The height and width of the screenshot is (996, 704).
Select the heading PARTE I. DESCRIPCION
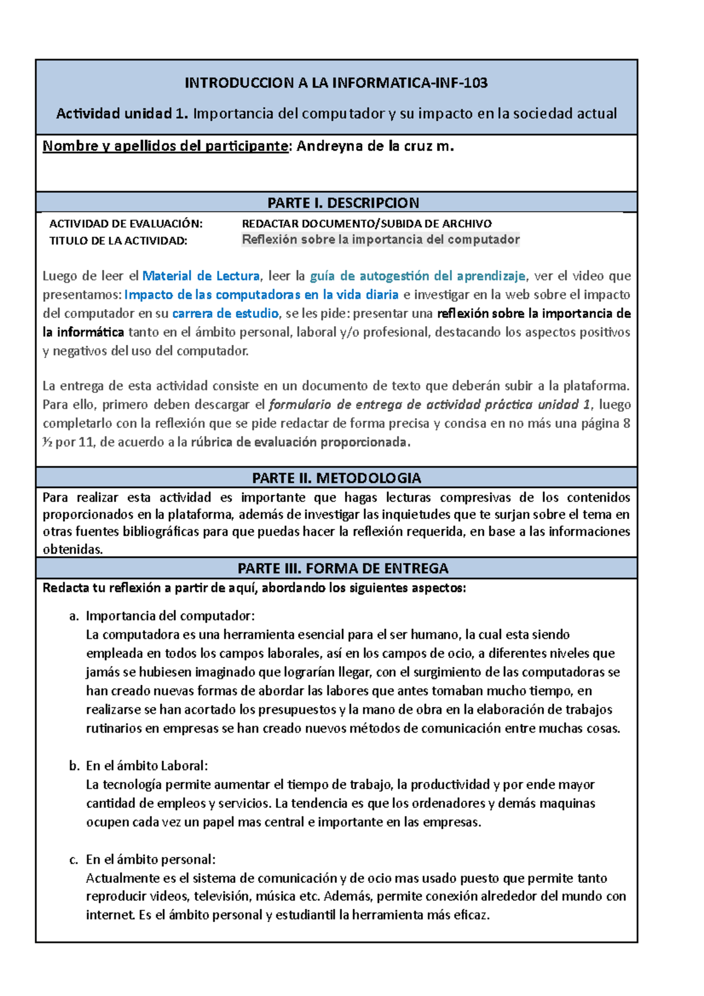click(x=343, y=203)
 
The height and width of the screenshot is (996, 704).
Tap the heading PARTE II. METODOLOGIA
click(x=336, y=477)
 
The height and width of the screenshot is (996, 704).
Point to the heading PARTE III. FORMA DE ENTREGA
click(x=343, y=568)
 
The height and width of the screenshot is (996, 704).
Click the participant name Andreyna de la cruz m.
click(x=375, y=147)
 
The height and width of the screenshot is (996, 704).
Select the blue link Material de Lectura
click(x=201, y=276)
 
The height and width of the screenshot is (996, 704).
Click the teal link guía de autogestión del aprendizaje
click(x=417, y=276)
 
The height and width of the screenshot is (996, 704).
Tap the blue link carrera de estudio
click(x=225, y=313)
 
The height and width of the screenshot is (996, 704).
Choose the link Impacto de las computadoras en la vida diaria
click(x=262, y=294)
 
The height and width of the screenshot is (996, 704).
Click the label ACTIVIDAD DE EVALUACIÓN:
click(x=126, y=223)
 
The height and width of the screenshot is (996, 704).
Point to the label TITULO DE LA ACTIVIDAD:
click(x=118, y=240)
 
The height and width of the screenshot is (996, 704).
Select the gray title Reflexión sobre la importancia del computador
click(x=381, y=239)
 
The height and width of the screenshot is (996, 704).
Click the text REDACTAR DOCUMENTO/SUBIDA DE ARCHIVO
click(x=367, y=223)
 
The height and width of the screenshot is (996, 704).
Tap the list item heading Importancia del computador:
click(x=170, y=615)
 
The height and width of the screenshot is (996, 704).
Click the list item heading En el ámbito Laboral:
click(x=147, y=765)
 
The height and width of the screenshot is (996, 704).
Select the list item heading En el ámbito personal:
click(x=151, y=859)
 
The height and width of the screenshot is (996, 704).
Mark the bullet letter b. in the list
click(x=74, y=765)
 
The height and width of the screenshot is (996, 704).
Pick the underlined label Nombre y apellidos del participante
click(x=165, y=147)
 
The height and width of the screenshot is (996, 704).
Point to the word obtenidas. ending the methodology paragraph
click(x=73, y=549)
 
